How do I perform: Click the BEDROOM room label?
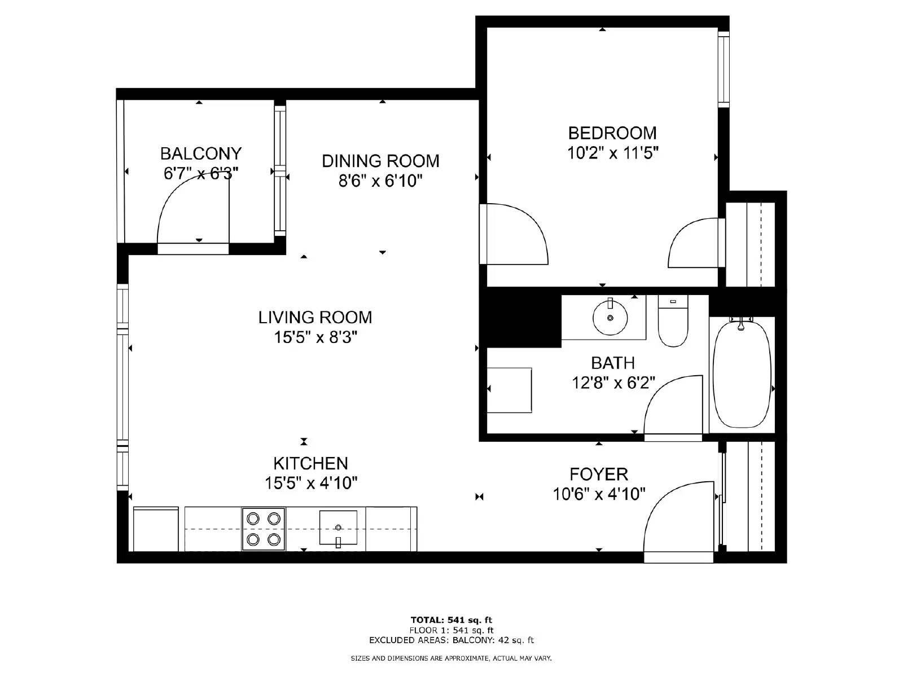(x=612, y=133)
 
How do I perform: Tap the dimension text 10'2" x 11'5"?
(x=613, y=153)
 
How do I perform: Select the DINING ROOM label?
(x=380, y=161)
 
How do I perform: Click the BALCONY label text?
(x=201, y=153)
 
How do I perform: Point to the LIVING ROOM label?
(x=315, y=318)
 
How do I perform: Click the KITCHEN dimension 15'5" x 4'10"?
(x=311, y=483)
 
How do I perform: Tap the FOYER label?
(x=598, y=474)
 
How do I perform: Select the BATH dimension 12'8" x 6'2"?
(x=613, y=383)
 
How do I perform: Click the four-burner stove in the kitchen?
(x=264, y=529)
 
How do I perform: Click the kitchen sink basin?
(x=338, y=528)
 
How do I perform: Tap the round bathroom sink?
(x=610, y=318)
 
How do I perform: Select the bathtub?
(x=742, y=375)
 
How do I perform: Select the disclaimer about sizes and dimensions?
(x=451, y=658)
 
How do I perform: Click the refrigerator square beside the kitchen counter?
(x=156, y=529)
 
